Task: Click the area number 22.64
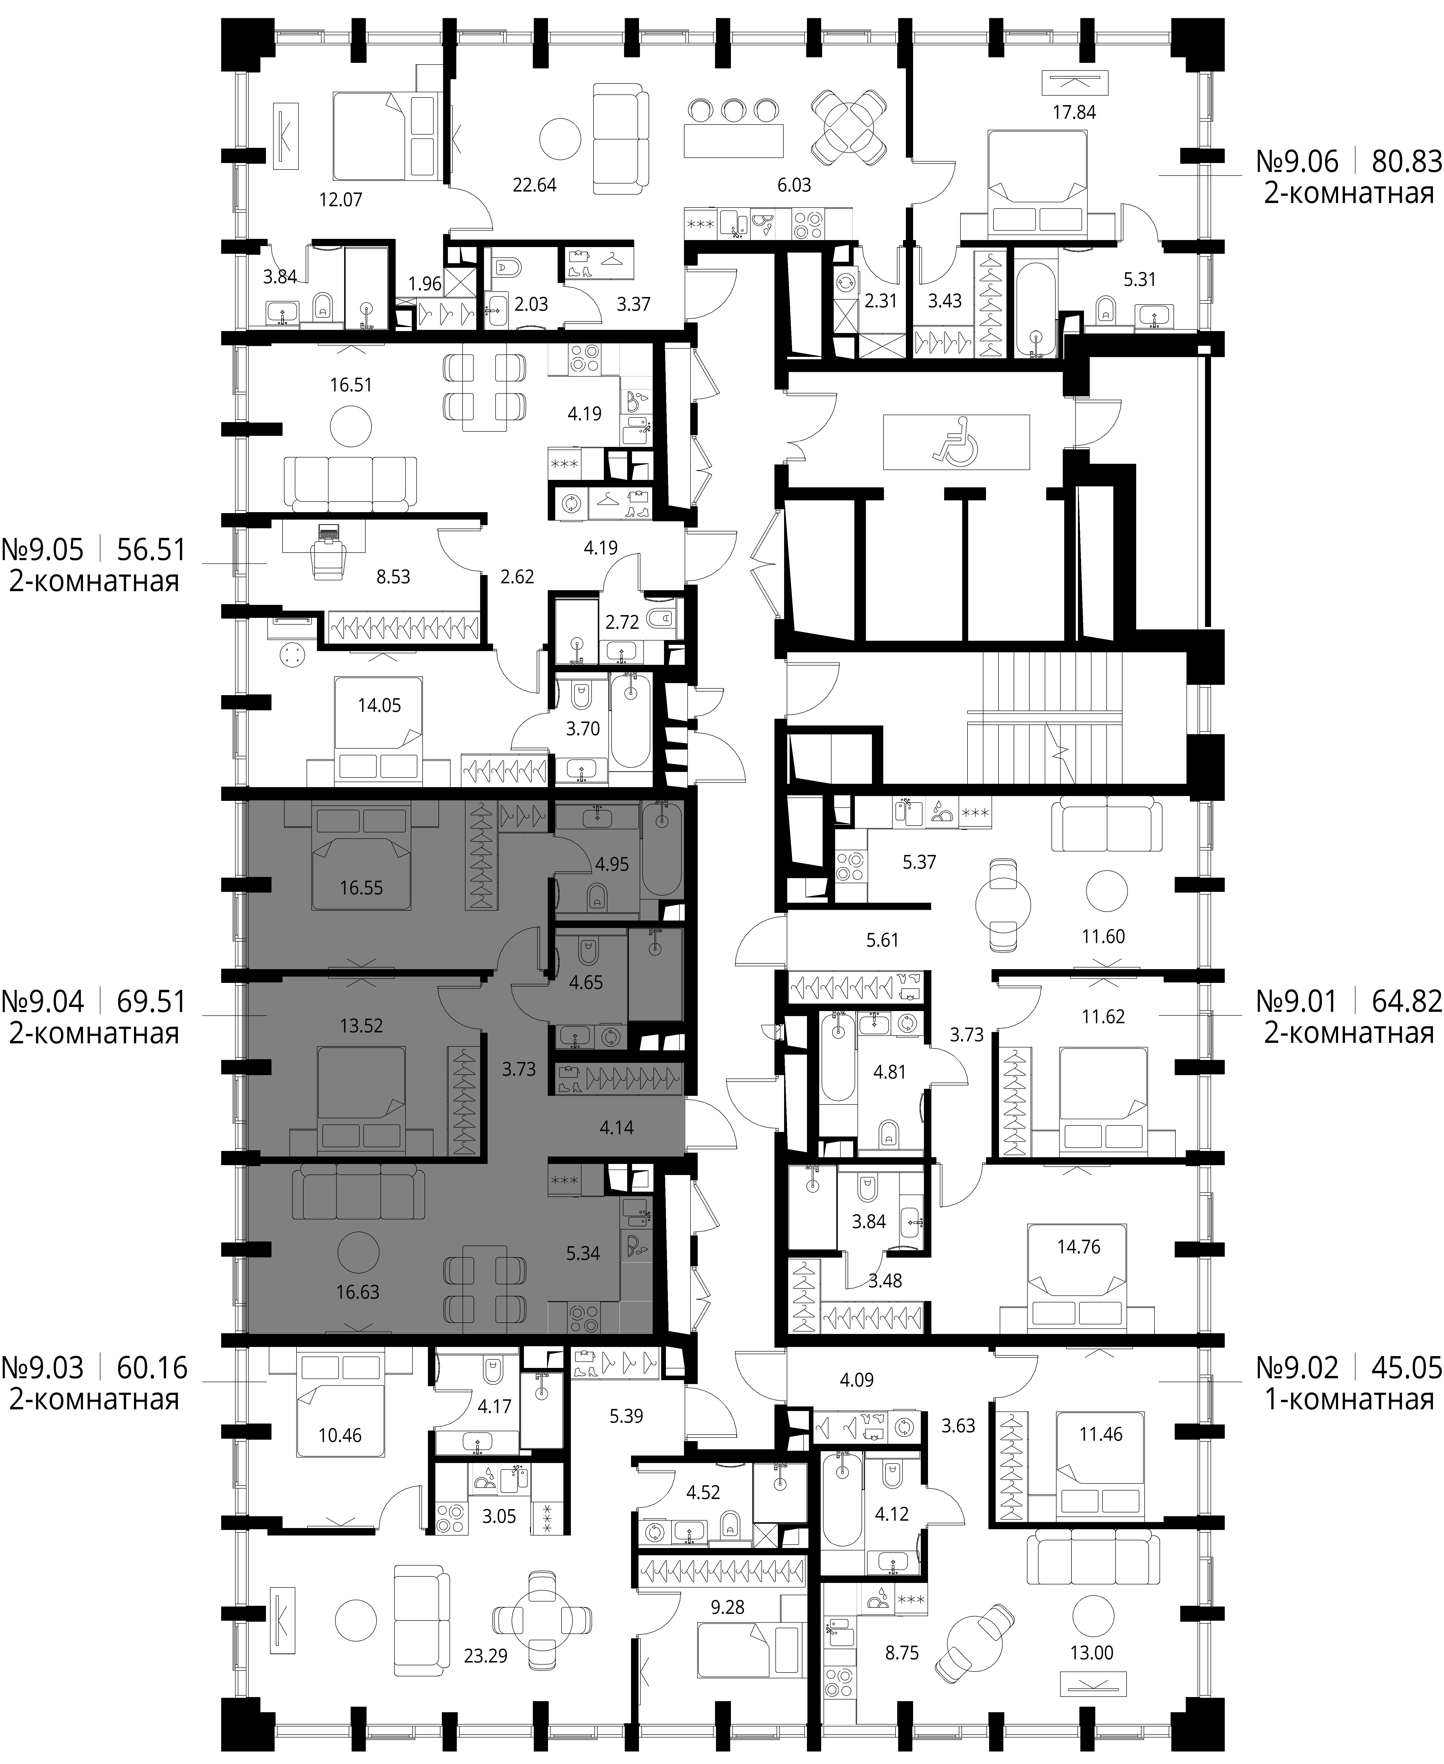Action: pos(535,185)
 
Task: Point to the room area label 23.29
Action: pos(486,1657)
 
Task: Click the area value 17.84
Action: pos(1075,112)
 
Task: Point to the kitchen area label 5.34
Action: pos(583,1253)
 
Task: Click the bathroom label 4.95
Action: pos(612,864)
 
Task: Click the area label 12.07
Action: pos(341,200)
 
